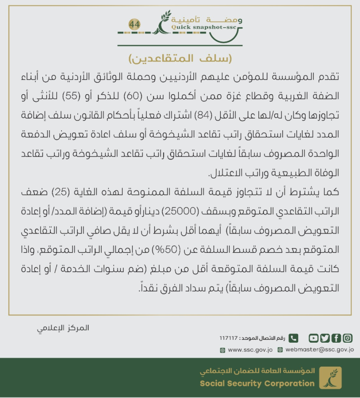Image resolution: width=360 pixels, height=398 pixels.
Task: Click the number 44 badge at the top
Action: pos(135,24)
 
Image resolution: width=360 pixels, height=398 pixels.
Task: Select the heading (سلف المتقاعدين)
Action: pos(180,59)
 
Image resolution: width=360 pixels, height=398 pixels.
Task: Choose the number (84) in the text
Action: pos(217,114)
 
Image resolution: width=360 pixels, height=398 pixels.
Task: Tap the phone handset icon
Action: pos(293,338)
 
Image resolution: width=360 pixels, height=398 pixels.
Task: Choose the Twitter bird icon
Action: pos(325,338)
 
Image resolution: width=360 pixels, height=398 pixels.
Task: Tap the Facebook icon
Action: pos(336,338)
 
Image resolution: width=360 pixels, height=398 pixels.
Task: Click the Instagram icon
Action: pos(348,338)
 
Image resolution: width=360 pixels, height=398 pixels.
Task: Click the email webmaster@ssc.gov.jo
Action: pos(319,350)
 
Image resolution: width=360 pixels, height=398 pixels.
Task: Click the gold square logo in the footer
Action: pos(330,378)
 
